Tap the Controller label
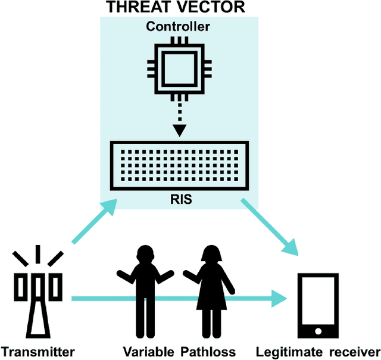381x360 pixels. [x=179, y=27]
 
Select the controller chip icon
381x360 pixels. [x=179, y=66]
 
